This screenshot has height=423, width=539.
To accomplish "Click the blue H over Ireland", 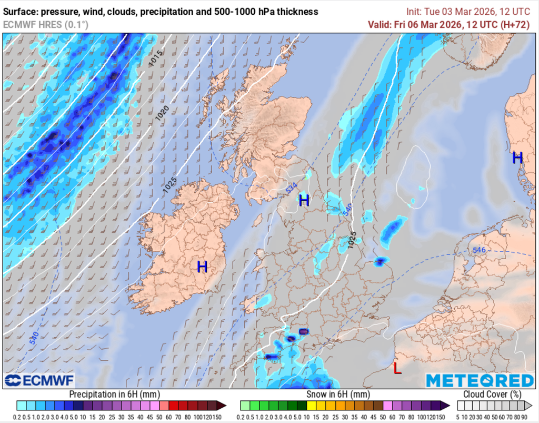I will click(x=202, y=267).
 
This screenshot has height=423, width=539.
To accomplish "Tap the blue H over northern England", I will click(x=304, y=200).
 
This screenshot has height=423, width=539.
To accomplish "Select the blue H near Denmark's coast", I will click(x=517, y=157).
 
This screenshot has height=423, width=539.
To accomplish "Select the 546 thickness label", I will click(x=478, y=250).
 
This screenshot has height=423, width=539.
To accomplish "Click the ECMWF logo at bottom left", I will click(x=39, y=380).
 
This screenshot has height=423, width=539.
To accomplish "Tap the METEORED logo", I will click(x=480, y=380).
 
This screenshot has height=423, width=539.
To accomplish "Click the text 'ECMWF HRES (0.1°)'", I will click(x=46, y=24).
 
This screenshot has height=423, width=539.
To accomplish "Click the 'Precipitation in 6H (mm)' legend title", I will click(x=114, y=395).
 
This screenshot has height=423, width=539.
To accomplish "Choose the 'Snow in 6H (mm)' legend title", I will click(x=338, y=395).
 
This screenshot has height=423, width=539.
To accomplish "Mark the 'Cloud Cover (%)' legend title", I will click(x=492, y=395).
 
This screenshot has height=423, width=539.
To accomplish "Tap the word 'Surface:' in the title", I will click(x=21, y=12).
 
